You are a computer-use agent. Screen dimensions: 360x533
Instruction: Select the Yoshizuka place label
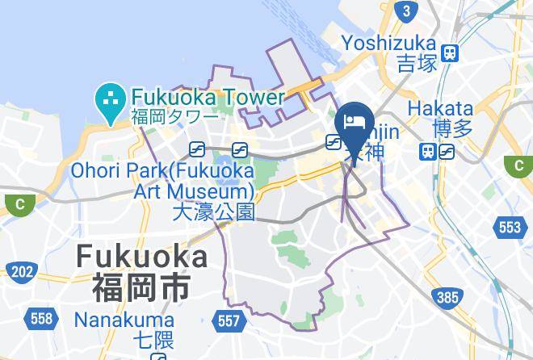(388, 43)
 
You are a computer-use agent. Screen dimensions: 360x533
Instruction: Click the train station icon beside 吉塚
(451, 54)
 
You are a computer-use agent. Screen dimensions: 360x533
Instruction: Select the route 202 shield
(22, 271)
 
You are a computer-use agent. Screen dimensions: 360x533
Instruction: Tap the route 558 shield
(41, 318)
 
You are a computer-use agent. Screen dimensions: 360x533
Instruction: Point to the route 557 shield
(229, 321)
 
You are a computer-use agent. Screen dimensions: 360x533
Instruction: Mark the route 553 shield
(510, 228)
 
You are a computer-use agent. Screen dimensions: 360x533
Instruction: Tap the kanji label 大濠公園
(214, 212)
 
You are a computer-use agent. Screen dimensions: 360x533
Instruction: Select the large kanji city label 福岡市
(141, 287)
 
